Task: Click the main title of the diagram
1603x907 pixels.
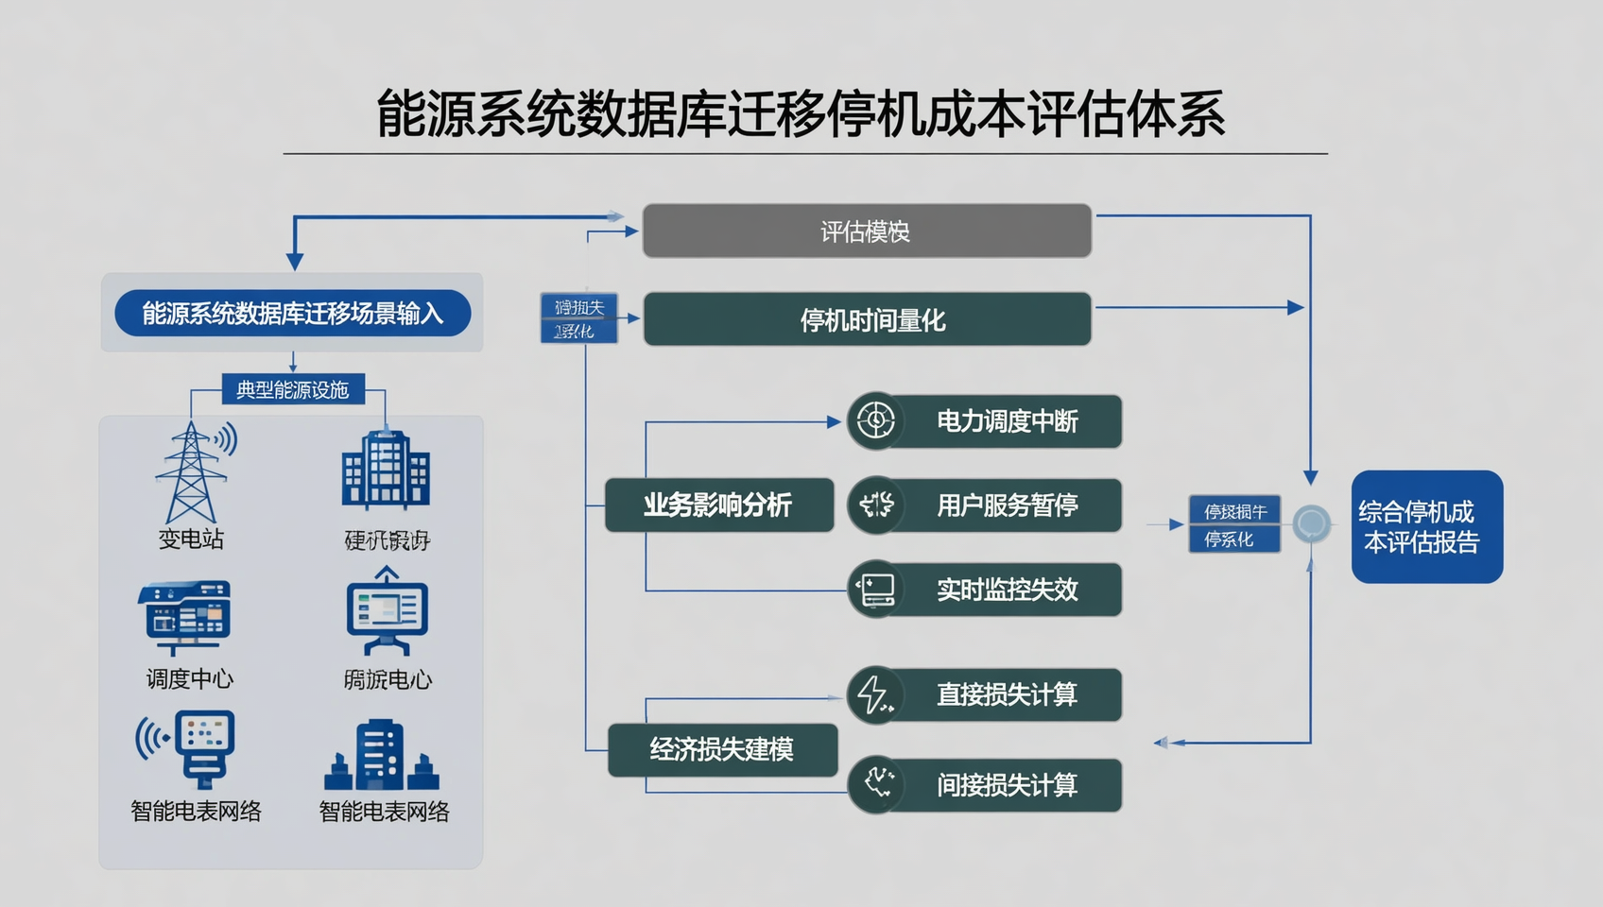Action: tap(801, 114)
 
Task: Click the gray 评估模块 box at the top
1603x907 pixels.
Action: tap(866, 231)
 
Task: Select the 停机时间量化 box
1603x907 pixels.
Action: tap(868, 320)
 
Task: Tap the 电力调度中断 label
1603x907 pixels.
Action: tap(1007, 421)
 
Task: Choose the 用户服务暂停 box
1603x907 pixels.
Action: tap(1007, 505)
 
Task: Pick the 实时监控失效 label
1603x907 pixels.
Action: tap(1007, 590)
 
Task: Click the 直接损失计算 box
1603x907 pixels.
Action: tap(1007, 694)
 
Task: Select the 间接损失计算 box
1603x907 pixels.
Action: tap(1007, 785)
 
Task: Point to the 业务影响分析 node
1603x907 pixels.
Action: tap(718, 505)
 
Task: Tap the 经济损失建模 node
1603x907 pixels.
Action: tap(722, 750)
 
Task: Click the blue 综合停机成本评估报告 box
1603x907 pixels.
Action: tap(1426, 526)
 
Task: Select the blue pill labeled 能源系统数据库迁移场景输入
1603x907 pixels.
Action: tap(293, 314)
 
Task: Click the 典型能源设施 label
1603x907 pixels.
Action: tap(293, 389)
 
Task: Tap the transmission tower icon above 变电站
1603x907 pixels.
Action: tap(193, 472)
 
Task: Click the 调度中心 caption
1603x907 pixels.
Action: tap(190, 678)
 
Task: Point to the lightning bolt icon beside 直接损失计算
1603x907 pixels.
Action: tap(874, 694)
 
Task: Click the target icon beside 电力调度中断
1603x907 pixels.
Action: tap(875, 420)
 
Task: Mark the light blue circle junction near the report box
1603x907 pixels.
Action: tap(1311, 522)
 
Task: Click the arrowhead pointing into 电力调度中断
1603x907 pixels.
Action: tap(834, 422)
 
